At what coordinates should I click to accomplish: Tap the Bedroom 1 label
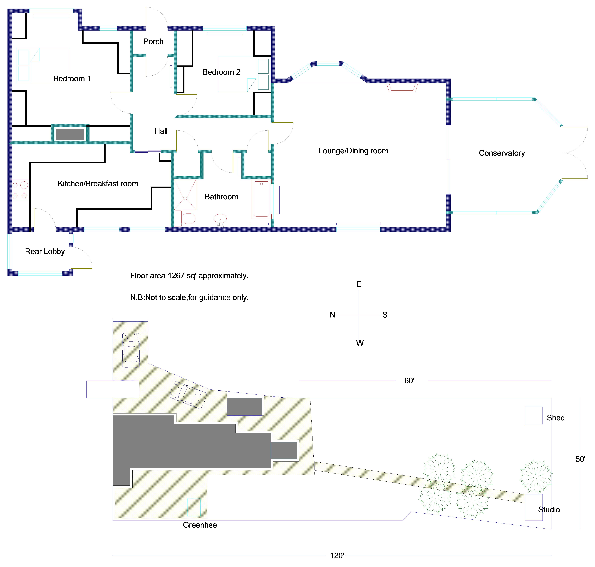72,79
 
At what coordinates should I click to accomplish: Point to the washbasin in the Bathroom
220,219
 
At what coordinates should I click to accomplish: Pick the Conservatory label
501,153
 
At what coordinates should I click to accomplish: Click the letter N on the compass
332,315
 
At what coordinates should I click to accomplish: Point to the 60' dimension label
409,381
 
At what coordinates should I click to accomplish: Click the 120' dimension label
337,555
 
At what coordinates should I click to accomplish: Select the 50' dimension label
580,459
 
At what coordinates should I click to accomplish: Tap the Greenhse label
200,525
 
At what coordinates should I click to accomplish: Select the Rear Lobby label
45,251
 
